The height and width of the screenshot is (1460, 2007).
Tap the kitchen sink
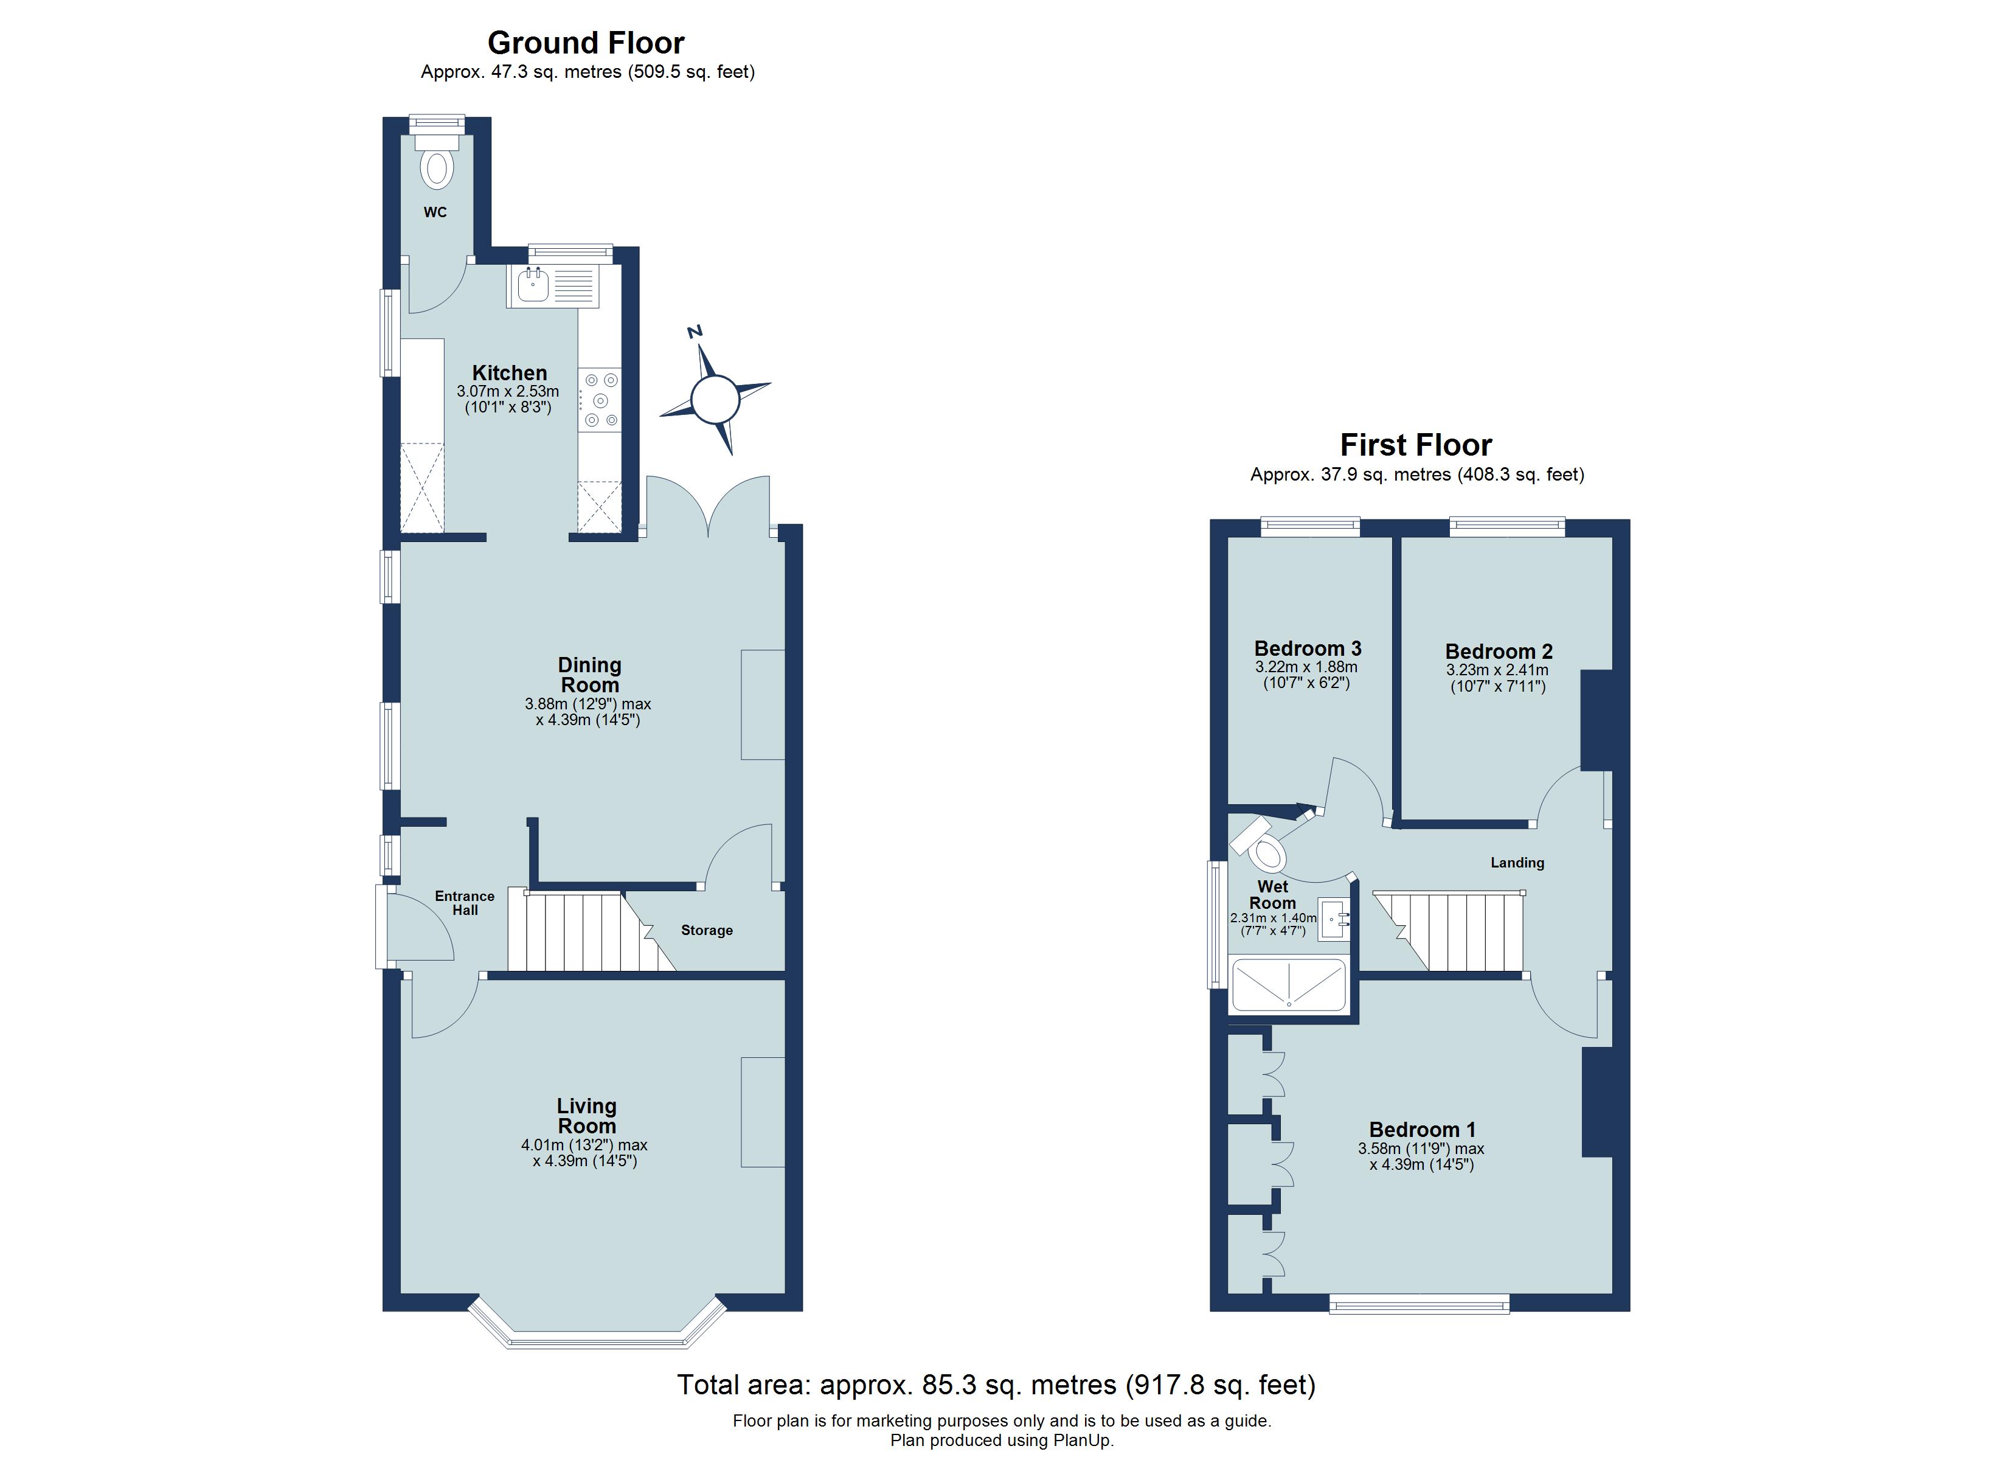[x=533, y=285]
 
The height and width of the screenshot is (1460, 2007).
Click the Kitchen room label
[x=509, y=373]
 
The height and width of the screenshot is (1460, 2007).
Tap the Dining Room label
[x=589, y=675]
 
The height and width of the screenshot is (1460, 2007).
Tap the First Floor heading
[x=1416, y=445]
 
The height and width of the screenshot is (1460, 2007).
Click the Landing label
[x=1517, y=863]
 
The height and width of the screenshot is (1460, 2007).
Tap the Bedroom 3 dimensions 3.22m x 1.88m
[x=1306, y=667]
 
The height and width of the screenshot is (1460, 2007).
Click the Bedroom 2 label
[x=1498, y=652]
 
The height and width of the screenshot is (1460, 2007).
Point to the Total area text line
[x=996, y=1385]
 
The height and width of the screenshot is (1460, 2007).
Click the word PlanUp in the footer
[x=1081, y=1441]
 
